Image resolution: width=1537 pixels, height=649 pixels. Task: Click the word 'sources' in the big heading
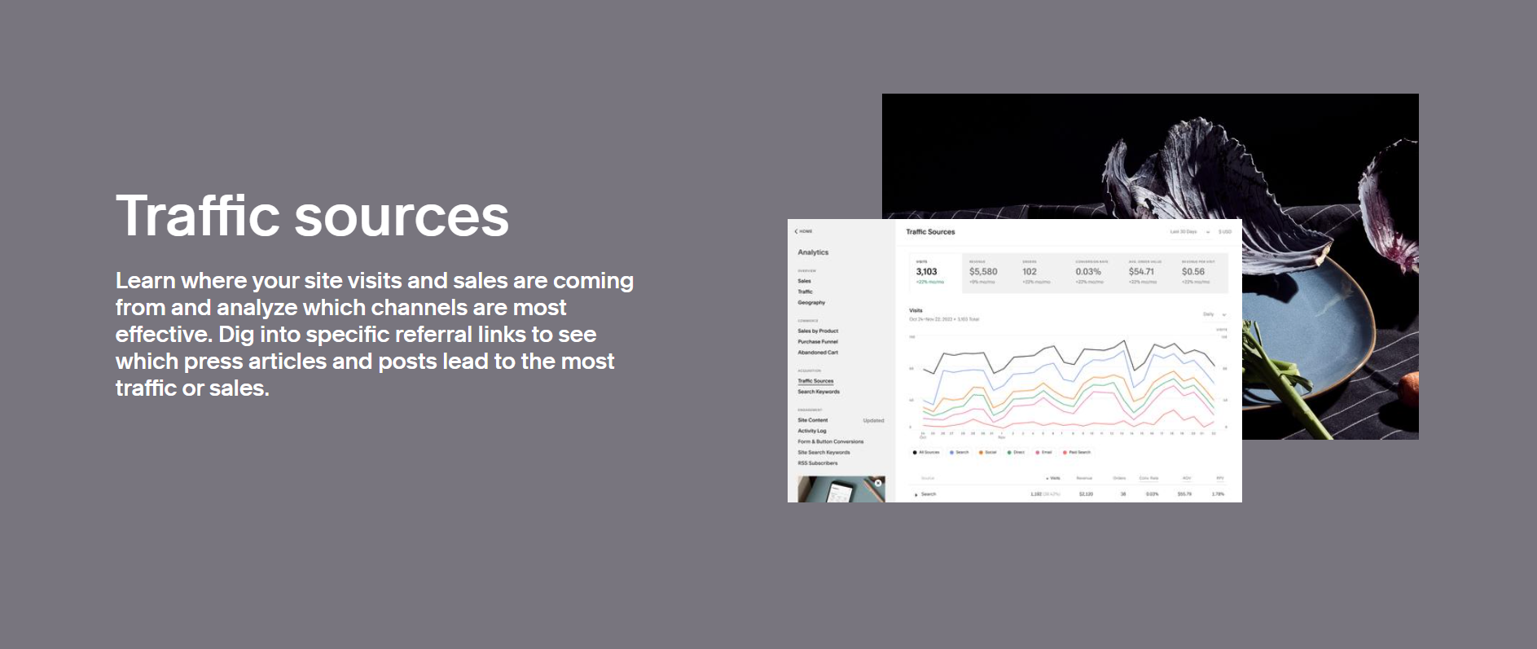pyautogui.click(x=401, y=217)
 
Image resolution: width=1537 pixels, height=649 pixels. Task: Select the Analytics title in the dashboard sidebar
pyautogui.click(x=813, y=252)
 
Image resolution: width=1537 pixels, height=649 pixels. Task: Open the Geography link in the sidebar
pyautogui.click(x=811, y=302)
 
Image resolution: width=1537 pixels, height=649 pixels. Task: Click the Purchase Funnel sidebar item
pyautogui.click(x=818, y=342)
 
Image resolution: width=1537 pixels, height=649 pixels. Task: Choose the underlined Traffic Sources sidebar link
pyautogui.click(x=815, y=381)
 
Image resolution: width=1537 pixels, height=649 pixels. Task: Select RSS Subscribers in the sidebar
pyautogui.click(x=817, y=463)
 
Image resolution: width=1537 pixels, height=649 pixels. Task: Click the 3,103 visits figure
pyautogui.click(x=926, y=272)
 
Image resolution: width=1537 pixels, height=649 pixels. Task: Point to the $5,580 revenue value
pyautogui.click(x=983, y=272)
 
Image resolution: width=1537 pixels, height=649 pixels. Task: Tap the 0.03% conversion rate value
pyautogui.click(x=1088, y=272)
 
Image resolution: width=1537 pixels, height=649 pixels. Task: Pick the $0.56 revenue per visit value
pyautogui.click(x=1193, y=272)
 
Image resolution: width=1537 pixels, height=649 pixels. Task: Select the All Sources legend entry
pyautogui.click(x=927, y=452)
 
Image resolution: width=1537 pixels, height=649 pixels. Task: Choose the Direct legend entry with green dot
pyautogui.click(x=1017, y=452)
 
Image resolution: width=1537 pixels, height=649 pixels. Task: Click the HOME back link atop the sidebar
pyautogui.click(x=804, y=231)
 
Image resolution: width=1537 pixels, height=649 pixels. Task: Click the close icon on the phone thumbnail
pyautogui.click(x=878, y=483)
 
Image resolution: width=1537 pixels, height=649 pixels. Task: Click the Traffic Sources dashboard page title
pyautogui.click(x=930, y=232)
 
